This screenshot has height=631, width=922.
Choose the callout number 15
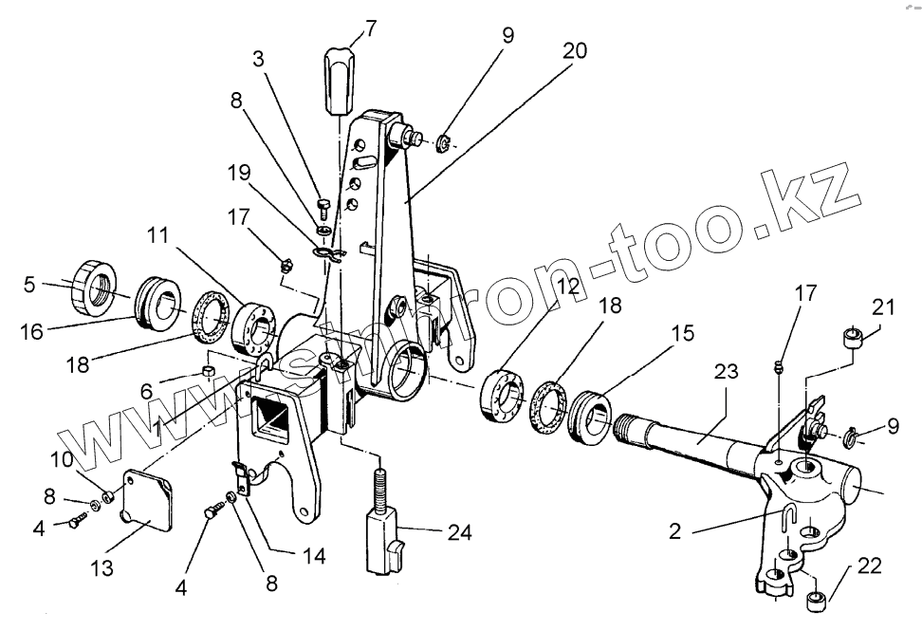click(686, 333)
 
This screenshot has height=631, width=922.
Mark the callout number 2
click(674, 531)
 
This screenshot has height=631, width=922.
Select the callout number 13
click(101, 567)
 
